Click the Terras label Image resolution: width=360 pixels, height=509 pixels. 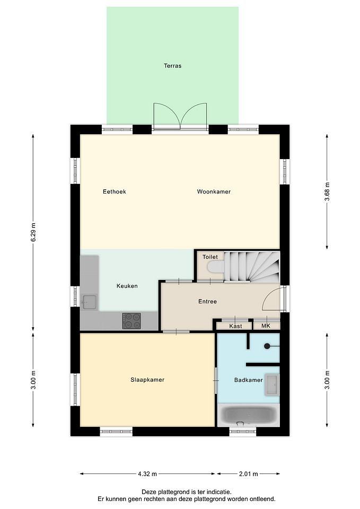pos(173,66)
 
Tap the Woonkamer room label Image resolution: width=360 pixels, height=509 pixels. pos(214,191)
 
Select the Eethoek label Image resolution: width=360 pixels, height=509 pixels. pos(115,191)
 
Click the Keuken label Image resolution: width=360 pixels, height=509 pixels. pos(127,286)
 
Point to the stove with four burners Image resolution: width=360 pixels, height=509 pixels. pos(131,321)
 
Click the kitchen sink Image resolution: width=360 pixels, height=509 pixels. pos(89,302)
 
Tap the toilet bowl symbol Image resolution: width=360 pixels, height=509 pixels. pos(216,267)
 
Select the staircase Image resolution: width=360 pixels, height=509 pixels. pos(252,267)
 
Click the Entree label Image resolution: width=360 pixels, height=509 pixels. pos(207,302)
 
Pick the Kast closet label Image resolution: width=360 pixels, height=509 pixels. pos(236,326)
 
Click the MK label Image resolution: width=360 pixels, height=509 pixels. pos(266,326)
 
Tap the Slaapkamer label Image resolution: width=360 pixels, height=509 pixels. pos(147,380)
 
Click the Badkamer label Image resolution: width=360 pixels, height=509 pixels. pos(248,380)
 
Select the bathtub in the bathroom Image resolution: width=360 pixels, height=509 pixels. pos(249,415)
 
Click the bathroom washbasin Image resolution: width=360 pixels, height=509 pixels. pos(272,385)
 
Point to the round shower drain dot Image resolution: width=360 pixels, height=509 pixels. pos(267,346)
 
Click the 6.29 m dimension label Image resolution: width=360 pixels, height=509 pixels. pos(33,232)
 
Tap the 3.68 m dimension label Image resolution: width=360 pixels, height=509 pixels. pos(327,191)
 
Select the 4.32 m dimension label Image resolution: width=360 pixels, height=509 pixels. pos(147,474)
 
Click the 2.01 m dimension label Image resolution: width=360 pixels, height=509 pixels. pos(249,474)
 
